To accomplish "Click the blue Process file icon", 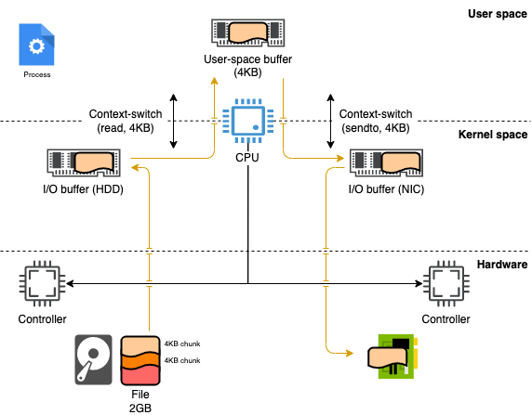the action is [x=36, y=45].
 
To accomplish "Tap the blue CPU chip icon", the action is [x=248, y=121].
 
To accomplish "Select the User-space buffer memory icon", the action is [x=248, y=32].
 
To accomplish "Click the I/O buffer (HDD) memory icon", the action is [x=84, y=163].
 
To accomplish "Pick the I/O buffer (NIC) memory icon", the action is [x=386, y=163].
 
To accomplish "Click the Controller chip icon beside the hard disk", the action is [x=42, y=283].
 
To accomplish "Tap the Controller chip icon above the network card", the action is [x=446, y=283].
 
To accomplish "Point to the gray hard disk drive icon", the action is [x=93, y=360].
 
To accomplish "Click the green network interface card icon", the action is [x=393, y=357].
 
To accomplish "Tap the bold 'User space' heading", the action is [x=498, y=14].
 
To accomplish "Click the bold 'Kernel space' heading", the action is [x=493, y=135].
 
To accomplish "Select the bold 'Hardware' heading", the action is [x=502, y=265].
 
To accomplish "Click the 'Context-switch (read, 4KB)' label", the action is [x=126, y=121].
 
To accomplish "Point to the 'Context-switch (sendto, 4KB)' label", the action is [x=376, y=121].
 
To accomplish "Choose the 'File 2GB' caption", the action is [x=140, y=401].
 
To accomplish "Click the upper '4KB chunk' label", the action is [x=182, y=344].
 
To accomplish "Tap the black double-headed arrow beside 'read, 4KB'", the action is [x=173, y=121].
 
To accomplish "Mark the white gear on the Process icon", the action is [x=36, y=46].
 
